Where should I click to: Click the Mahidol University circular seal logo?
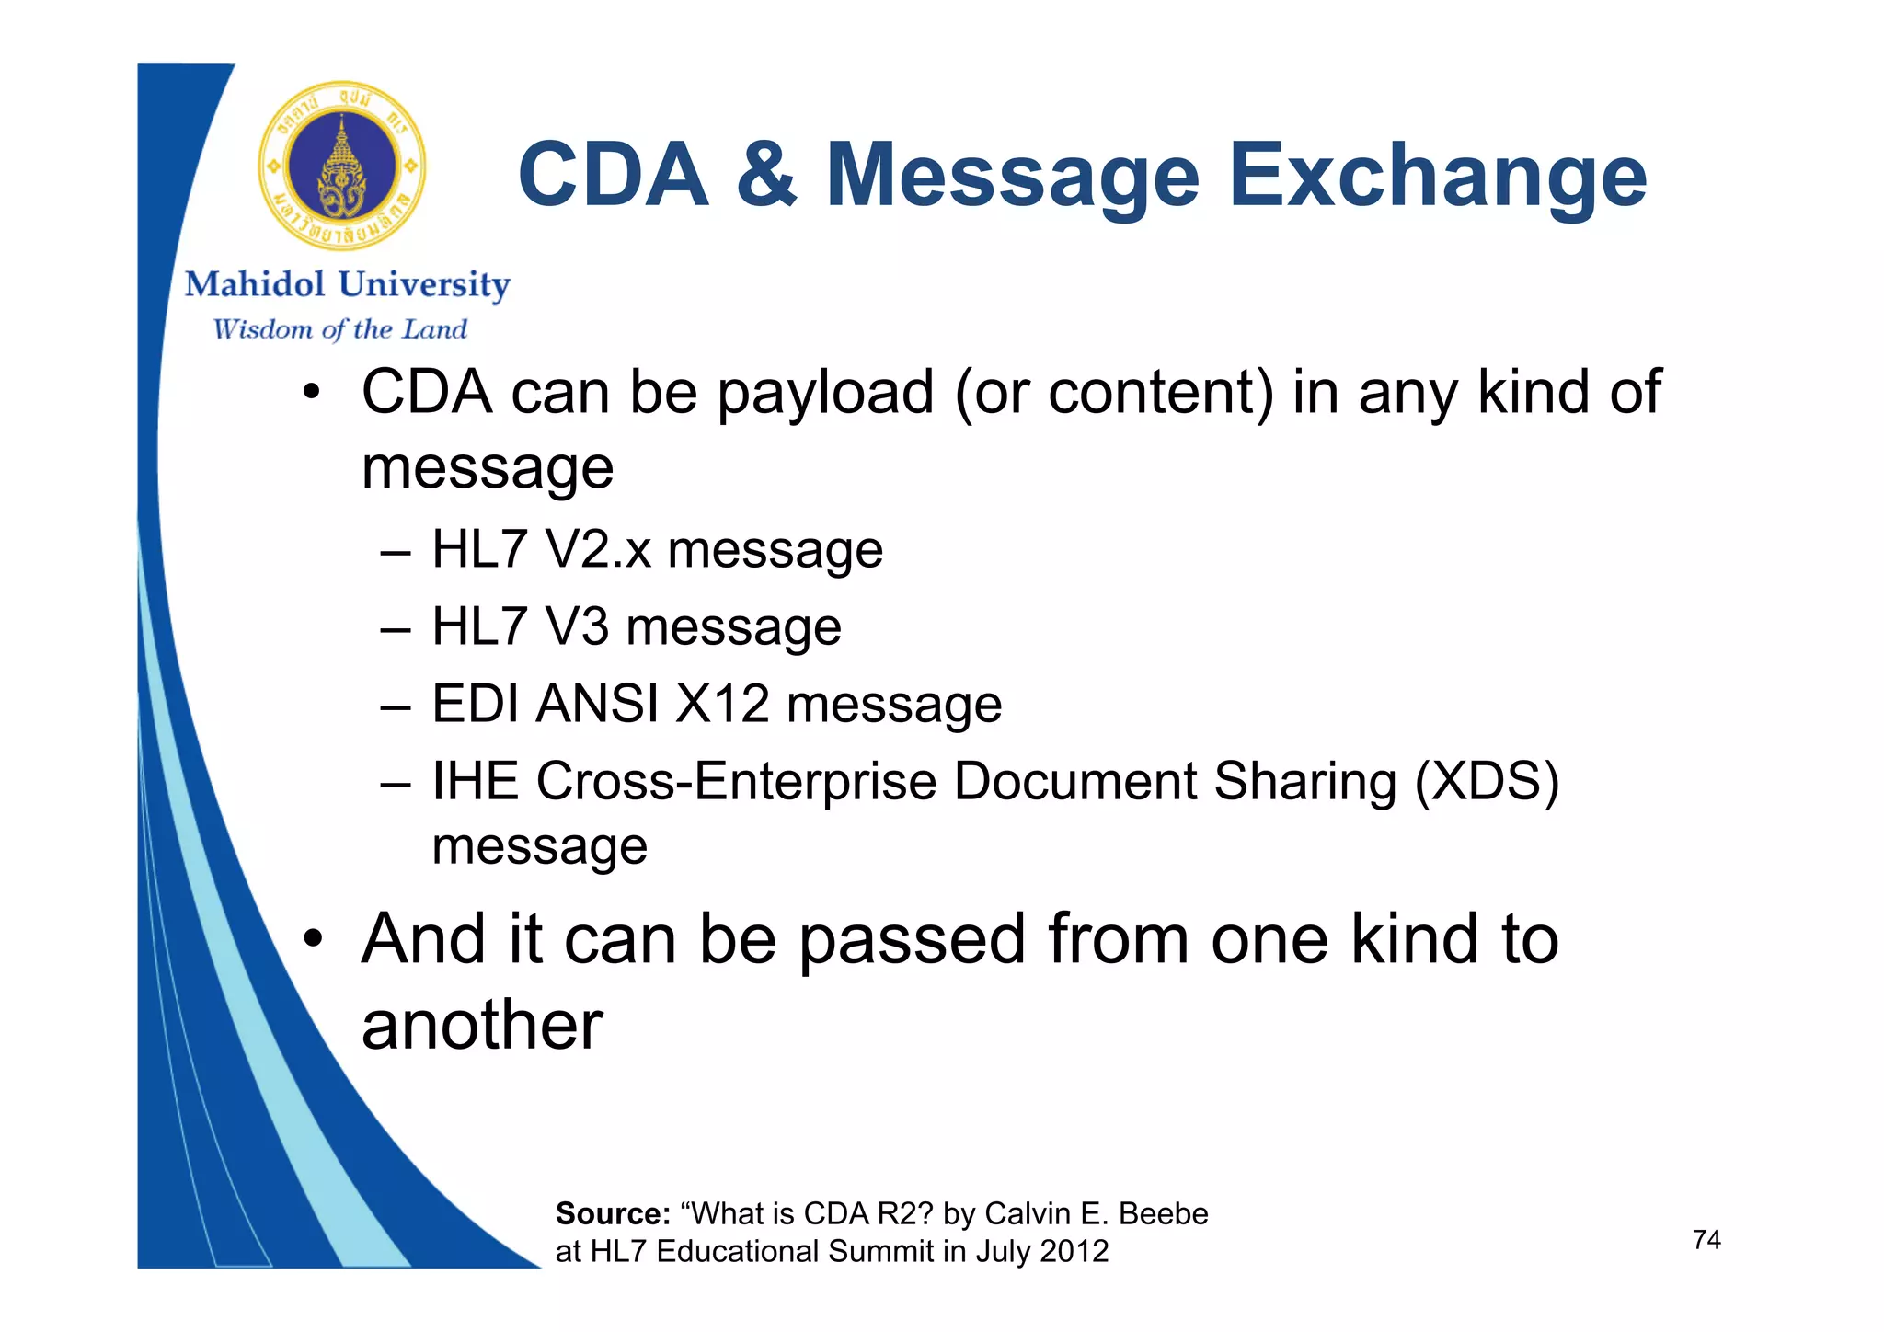point(342,166)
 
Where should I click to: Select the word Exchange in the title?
point(1437,177)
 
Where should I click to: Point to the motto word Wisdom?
point(262,329)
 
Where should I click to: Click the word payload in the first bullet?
point(825,394)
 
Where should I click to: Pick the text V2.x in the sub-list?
point(598,550)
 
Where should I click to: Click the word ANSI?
point(597,704)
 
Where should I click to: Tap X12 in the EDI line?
point(722,704)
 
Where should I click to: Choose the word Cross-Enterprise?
point(737,782)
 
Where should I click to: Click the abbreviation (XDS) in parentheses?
point(1486,782)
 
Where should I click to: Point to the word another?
point(482,1025)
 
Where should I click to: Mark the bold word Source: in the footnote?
point(613,1214)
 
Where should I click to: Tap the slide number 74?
point(1706,1240)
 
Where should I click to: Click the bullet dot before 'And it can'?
point(314,939)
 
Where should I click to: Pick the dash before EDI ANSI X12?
point(395,706)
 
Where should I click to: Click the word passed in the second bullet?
point(912,940)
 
